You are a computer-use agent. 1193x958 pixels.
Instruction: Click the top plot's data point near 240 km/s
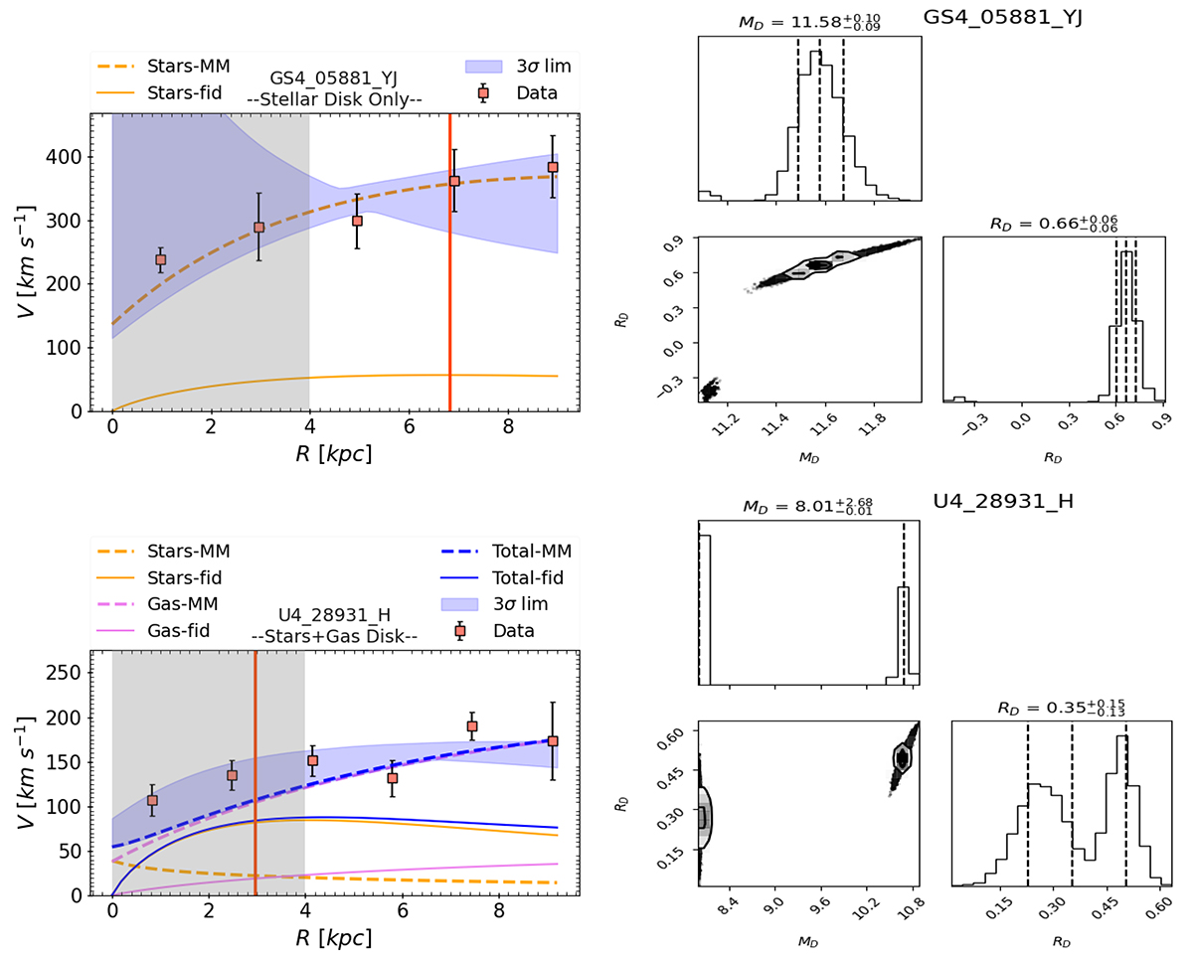click(161, 259)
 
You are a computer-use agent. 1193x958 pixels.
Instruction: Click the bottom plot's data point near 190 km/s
click(472, 726)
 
